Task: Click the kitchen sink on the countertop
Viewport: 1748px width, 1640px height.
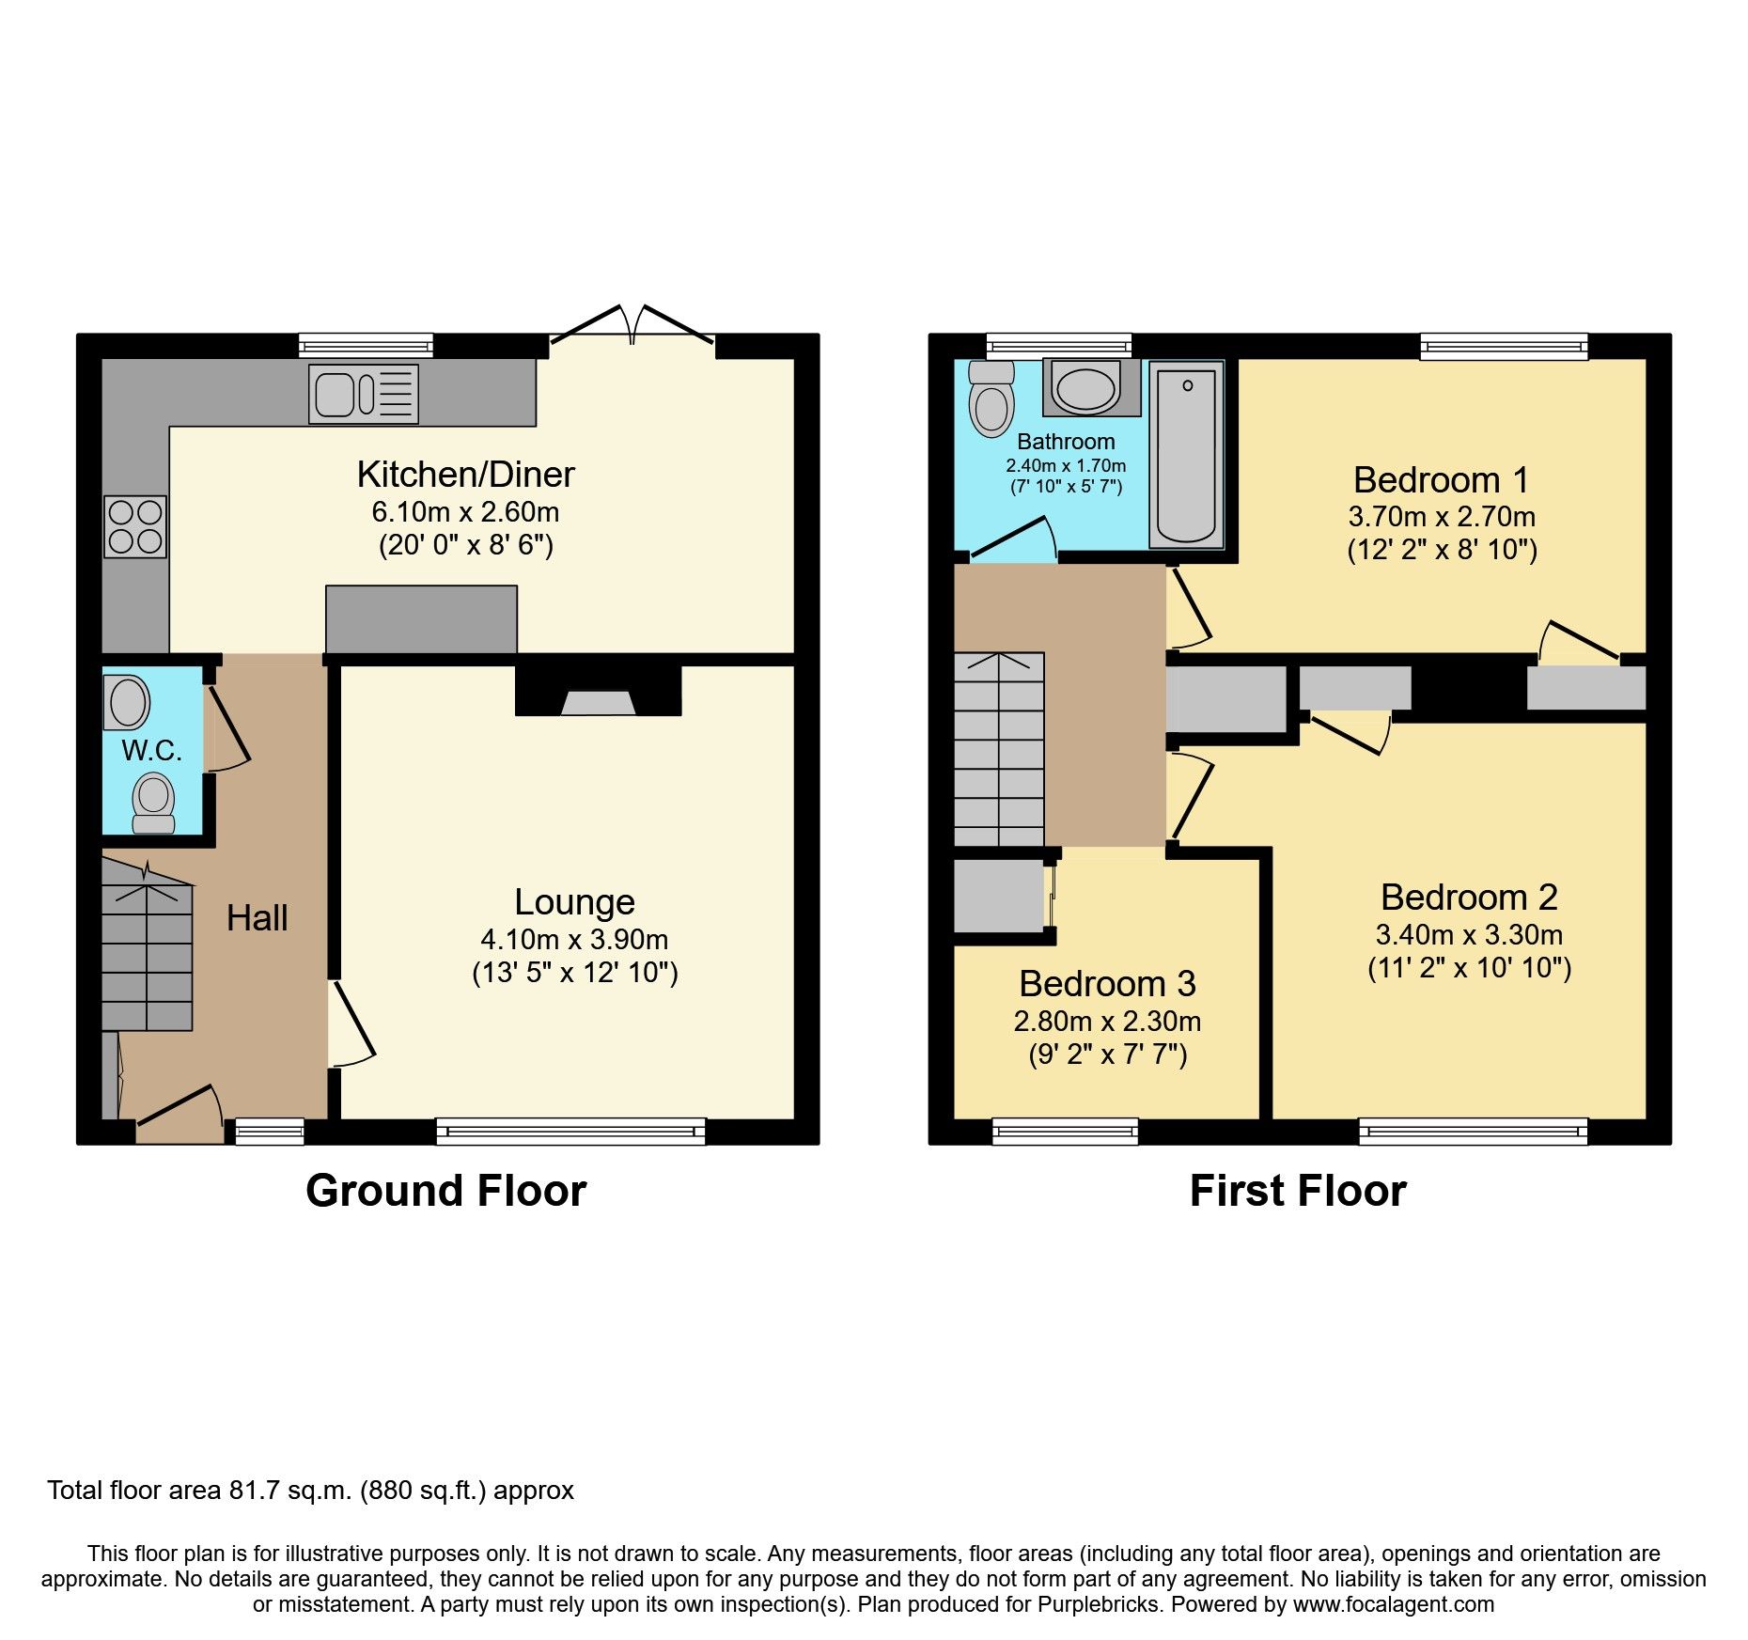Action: (363, 394)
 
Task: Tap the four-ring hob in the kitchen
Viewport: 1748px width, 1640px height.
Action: (135, 526)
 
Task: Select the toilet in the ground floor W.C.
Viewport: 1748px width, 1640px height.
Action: (153, 804)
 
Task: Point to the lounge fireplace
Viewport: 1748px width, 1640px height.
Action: (598, 696)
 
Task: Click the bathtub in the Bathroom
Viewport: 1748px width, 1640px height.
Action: (1186, 457)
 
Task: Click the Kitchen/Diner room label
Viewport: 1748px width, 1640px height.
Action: (465, 475)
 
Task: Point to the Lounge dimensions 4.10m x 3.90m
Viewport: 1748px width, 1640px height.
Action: (574, 939)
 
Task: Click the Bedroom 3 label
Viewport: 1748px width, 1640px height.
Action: (1107, 983)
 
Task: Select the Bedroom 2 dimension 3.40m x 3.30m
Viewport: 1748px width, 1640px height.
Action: (1469, 934)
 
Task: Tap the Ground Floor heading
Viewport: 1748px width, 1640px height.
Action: (445, 1191)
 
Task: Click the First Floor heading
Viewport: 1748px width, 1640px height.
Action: (1297, 1191)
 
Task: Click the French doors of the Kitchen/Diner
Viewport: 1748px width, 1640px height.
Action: (632, 329)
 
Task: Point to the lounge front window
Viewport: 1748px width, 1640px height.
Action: (570, 1131)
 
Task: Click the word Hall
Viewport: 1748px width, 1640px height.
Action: (257, 917)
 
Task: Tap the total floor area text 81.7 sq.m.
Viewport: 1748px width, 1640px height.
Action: (310, 1491)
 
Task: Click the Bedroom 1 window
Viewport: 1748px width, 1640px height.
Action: (1504, 347)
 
